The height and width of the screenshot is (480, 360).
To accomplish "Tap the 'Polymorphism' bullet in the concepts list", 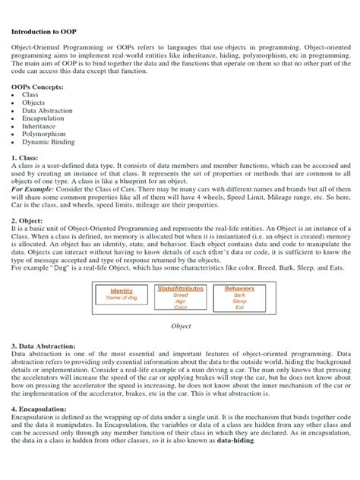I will point(43,132).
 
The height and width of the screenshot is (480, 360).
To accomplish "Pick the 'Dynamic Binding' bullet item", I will point(47,141).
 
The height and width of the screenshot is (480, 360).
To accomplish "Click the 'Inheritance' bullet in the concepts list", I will point(39,124).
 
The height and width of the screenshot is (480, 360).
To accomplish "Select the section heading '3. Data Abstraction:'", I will point(43,346).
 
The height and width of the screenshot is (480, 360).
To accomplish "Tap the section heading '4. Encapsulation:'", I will point(40,408).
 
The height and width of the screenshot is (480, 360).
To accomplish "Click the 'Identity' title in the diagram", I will point(122,291).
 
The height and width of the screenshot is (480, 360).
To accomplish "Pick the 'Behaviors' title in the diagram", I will point(239,289).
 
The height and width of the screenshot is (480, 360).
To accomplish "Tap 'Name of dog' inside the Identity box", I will point(122,298).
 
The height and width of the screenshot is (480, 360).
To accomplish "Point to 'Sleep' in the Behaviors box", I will point(239,301).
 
